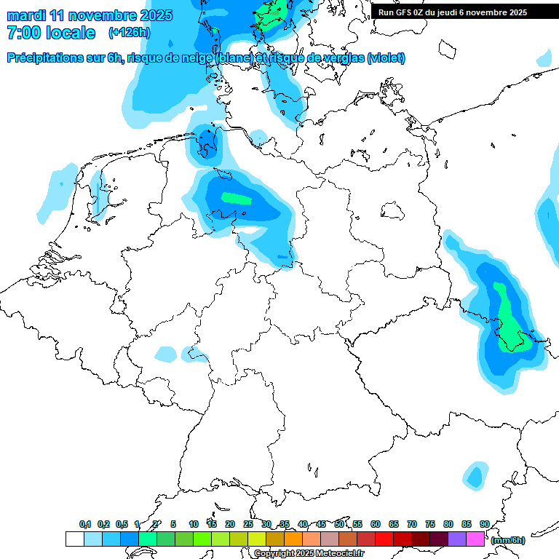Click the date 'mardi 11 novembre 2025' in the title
(x=89, y=15)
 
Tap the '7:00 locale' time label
(x=51, y=33)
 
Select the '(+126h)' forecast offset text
(x=130, y=33)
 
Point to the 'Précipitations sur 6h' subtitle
(x=66, y=58)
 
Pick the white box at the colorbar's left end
(x=75, y=539)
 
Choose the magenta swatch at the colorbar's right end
(x=475, y=539)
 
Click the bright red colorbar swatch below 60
(x=384, y=539)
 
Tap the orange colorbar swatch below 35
(x=293, y=539)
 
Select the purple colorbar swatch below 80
(x=457, y=539)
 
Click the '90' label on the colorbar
(x=484, y=524)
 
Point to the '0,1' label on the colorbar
(x=84, y=524)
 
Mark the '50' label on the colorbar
(x=339, y=524)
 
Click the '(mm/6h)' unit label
(x=509, y=540)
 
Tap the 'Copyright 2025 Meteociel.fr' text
(x=309, y=553)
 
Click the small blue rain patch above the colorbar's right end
(x=475, y=477)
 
